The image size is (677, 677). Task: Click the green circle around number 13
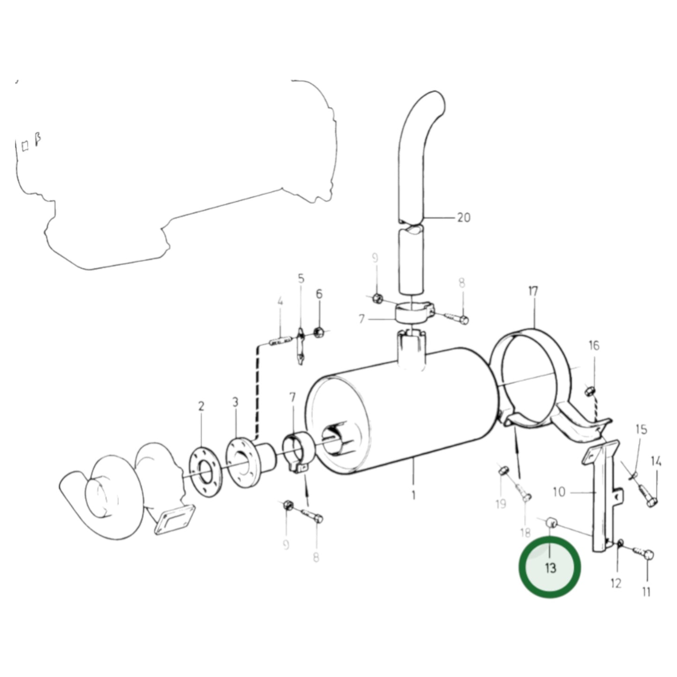(550, 568)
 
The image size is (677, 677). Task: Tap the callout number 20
(463, 217)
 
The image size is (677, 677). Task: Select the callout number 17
(533, 291)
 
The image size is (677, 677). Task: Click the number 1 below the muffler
(413, 495)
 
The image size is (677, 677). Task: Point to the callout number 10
(559, 492)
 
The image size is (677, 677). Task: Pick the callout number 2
(201, 406)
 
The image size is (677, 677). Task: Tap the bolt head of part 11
(648, 555)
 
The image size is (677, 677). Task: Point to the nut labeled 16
(590, 390)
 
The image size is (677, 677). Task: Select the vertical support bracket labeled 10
(603, 497)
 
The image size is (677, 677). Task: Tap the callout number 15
(640, 429)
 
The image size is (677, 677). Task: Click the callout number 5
(301, 279)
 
